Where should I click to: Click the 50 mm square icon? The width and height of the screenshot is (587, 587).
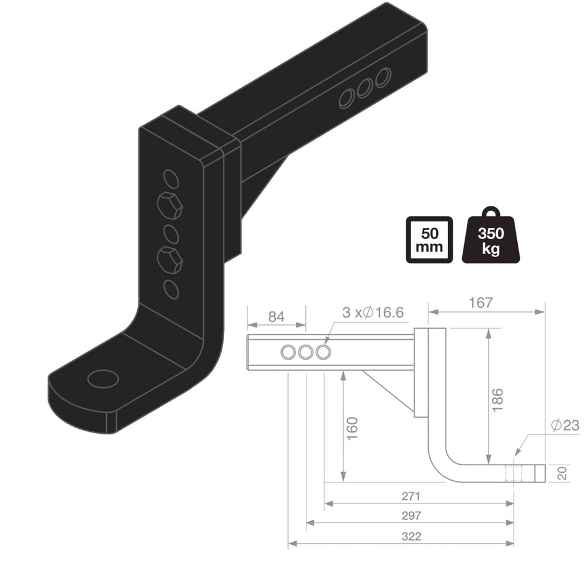pos(429,240)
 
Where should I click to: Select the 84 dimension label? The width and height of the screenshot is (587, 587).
pos(276,317)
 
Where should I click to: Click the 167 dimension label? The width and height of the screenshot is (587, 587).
pos(481,303)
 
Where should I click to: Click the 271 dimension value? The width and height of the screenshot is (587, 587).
pos(410,496)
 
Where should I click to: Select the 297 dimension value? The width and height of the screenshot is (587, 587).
pos(410,515)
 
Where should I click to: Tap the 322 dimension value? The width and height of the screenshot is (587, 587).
pos(410,536)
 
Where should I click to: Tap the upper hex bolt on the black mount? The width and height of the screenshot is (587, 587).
pos(170,205)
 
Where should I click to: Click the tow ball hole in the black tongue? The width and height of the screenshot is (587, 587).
pos(103,378)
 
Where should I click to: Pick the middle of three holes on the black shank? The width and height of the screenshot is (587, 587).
pos(365,88)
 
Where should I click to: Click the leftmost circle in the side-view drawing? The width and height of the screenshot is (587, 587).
pos(289,353)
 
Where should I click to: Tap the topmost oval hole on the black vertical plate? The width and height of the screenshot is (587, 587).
pos(171,179)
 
